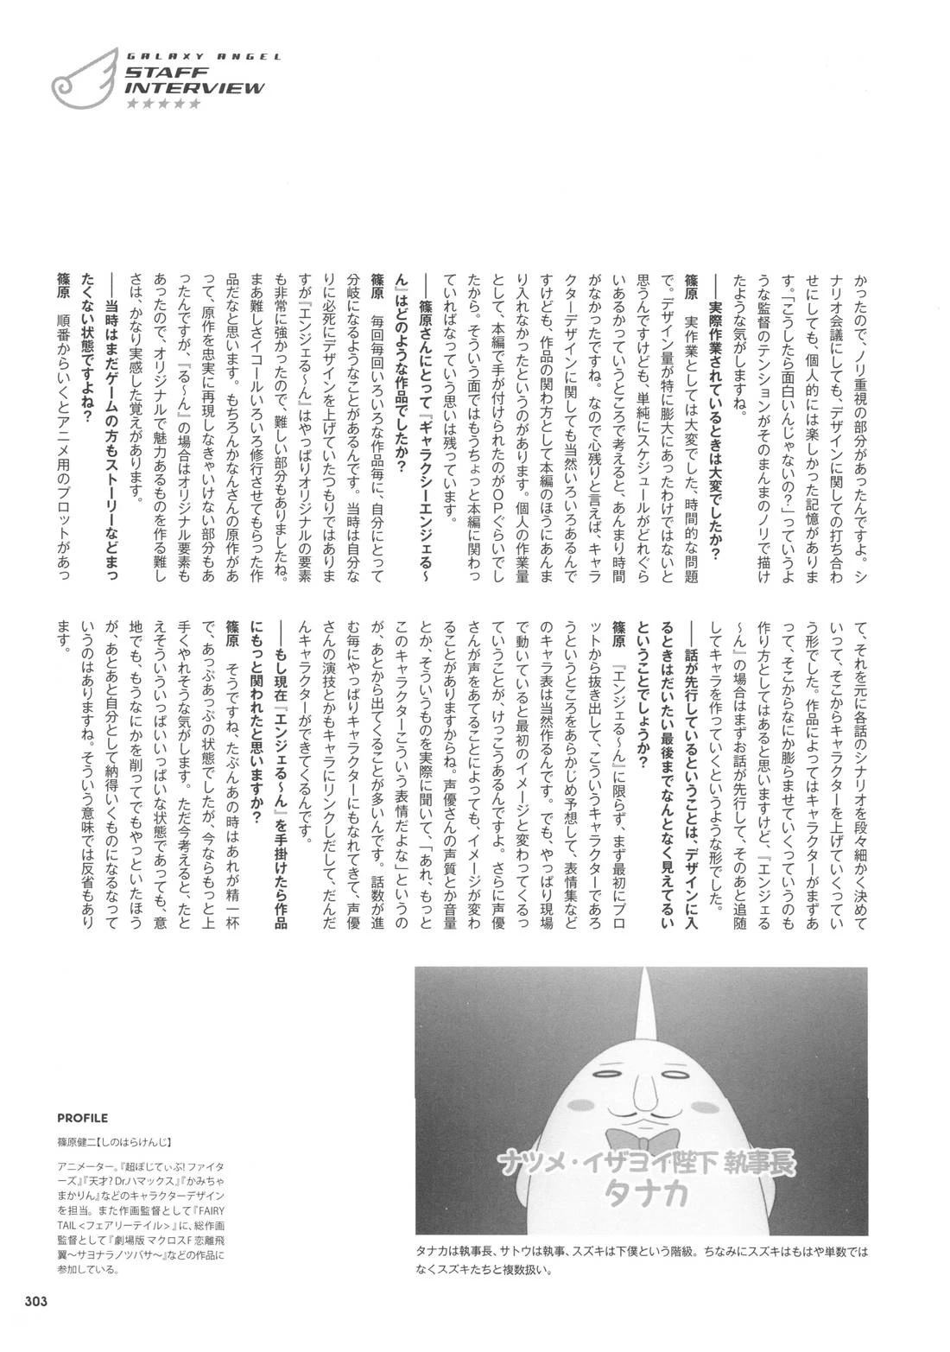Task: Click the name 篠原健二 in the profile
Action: tap(79, 1141)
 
